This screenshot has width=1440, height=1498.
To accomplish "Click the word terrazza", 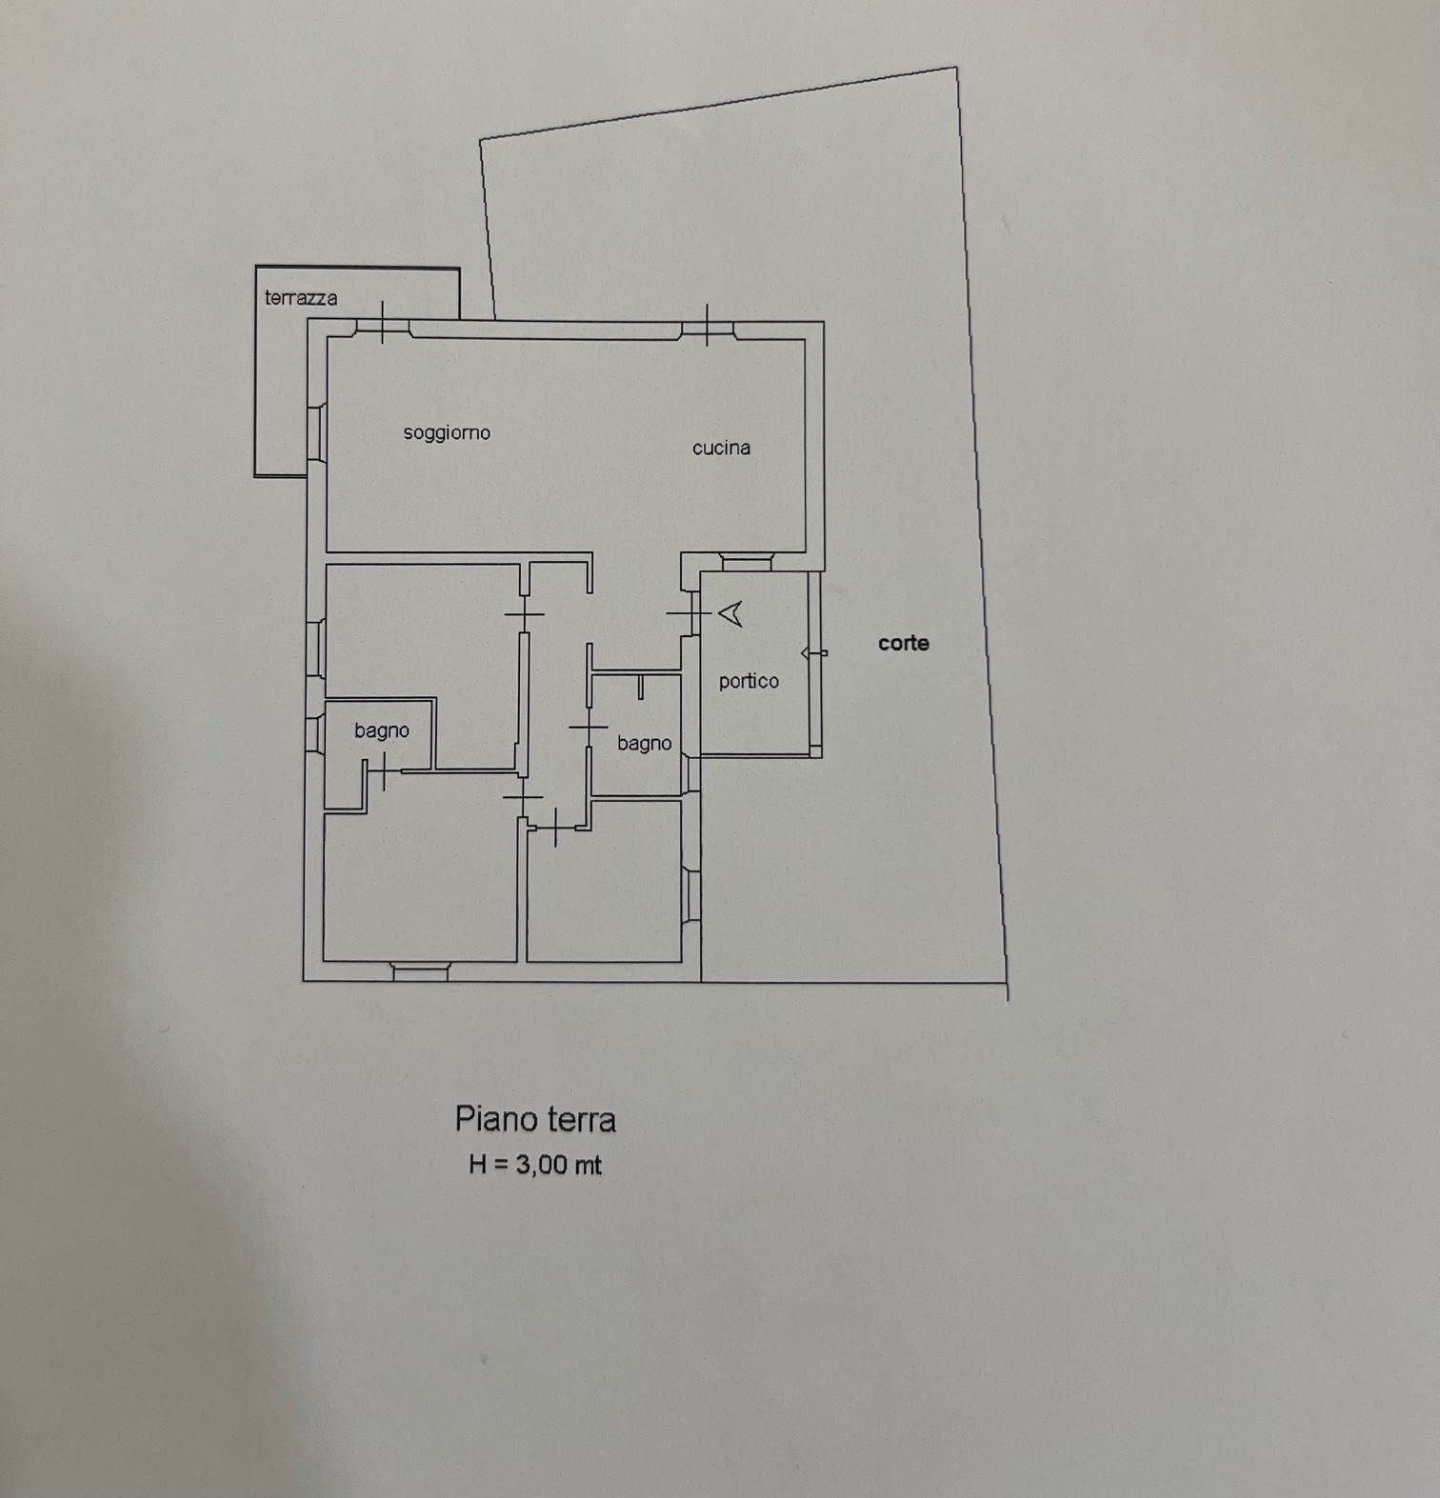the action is click(301, 298).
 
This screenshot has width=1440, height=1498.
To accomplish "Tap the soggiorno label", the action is click(447, 433).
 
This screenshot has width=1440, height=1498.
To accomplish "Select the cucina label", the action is click(721, 448).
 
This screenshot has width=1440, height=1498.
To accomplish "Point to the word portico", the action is click(749, 681).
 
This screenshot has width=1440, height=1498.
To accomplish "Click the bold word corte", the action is click(903, 643).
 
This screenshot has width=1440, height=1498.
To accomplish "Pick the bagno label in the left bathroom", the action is click(381, 730).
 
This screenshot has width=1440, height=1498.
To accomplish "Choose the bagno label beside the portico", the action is click(644, 744).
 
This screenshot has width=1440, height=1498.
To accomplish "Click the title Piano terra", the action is click(535, 1119).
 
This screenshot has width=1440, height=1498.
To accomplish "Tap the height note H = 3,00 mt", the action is click(534, 1165).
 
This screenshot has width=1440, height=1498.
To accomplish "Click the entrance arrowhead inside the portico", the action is click(730, 614).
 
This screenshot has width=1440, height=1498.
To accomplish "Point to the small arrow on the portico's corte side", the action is click(814, 653).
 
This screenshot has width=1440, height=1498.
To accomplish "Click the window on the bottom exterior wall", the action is click(420, 971).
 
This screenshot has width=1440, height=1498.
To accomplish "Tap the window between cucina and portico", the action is click(747, 564).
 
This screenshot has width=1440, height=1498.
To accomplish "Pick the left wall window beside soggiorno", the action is click(316, 433).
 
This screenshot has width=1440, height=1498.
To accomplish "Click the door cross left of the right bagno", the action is click(588, 729).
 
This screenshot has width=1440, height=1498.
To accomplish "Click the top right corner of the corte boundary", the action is click(956, 68).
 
